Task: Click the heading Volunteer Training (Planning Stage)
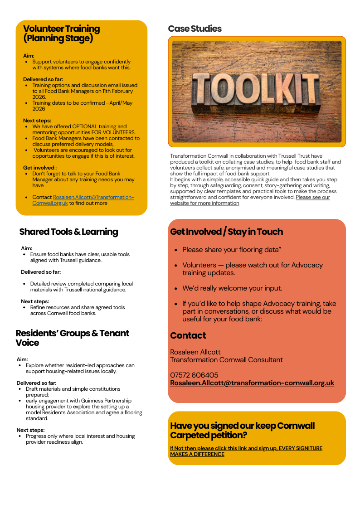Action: click(61, 34)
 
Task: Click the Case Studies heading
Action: click(195, 29)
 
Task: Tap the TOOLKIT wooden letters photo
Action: click(257, 92)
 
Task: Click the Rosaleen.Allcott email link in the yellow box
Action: click(83, 200)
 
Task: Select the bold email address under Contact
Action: click(252, 383)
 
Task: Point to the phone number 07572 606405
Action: click(194, 375)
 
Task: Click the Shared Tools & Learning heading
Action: click(68, 232)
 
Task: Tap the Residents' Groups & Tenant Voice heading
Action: click(72, 338)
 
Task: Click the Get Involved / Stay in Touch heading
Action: click(226, 232)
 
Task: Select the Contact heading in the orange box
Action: click(188, 336)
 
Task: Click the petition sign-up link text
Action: click(246, 451)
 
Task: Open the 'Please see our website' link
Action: click(250, 200)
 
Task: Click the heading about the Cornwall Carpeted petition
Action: click(242, 431)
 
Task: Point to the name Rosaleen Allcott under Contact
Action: click(195, 352)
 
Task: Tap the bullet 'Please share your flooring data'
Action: click(233, 250)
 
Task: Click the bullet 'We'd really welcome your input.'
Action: click(232, 288)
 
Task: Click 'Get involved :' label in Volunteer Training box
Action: click(40, 168)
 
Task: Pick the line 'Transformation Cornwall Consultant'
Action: click(226, 360)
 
